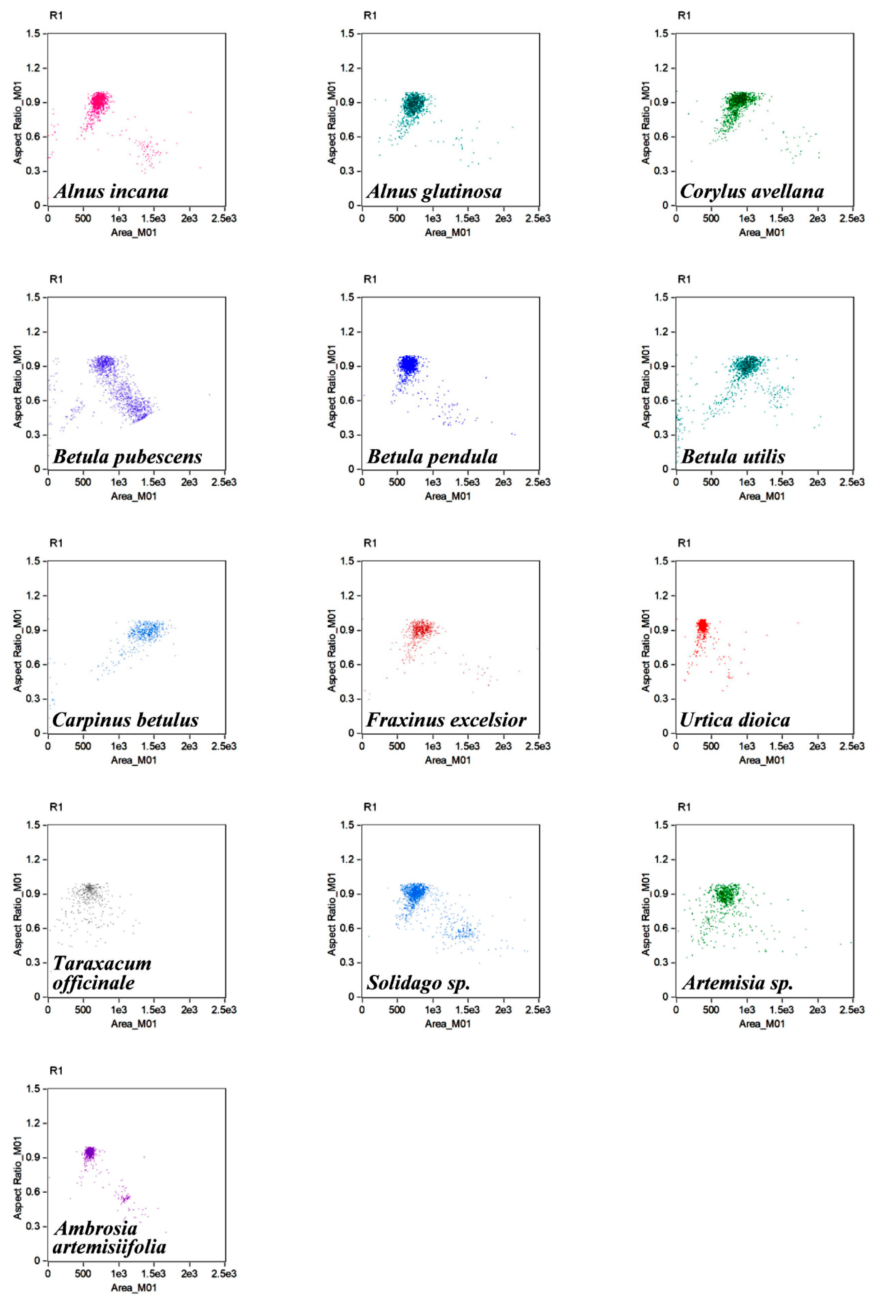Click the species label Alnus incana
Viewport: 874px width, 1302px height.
tap(111, 192)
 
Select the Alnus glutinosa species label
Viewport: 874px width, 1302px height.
tap(434, 192)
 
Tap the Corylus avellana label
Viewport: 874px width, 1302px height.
tap(751, 192)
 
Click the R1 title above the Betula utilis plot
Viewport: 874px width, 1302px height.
tap(684, 279)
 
